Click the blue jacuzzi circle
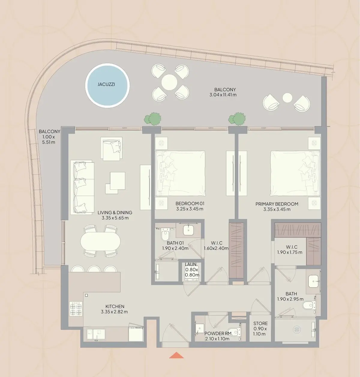107,86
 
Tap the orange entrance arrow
176,355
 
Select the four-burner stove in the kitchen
76,309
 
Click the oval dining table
100,241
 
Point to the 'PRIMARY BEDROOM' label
277,204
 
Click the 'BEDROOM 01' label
190,204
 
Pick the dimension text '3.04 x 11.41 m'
223,95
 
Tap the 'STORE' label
260,323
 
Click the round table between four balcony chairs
169,82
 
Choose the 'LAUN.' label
191,264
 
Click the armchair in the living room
112,149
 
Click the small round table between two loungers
287,98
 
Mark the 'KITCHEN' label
115,306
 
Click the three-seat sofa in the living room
82,187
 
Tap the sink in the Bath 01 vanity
188,230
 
